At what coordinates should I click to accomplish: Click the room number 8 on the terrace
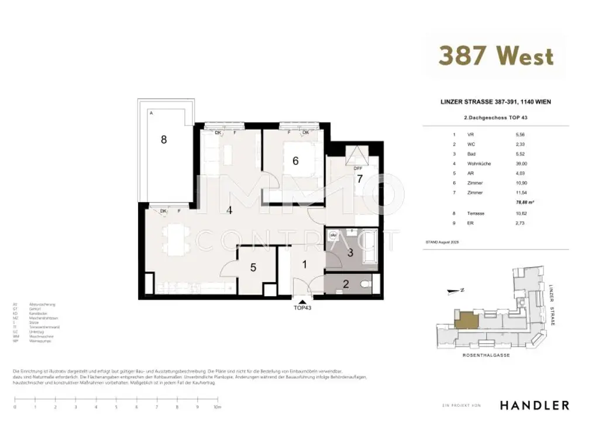[164, 140]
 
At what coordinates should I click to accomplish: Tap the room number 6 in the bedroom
[295, 161]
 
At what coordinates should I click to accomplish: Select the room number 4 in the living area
[230, 210]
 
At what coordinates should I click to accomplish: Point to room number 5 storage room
[253, 268]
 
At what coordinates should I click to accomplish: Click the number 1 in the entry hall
[304, 264]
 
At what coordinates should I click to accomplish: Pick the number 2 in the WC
[346, 285]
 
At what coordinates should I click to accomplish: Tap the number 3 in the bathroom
[350, 253]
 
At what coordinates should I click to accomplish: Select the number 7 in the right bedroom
[360, 179]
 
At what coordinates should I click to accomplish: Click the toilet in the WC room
[366, 285]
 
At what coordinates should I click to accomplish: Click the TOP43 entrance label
[302, 307]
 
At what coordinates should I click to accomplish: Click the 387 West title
[495, 56]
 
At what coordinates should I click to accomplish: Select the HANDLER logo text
[534, 405]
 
